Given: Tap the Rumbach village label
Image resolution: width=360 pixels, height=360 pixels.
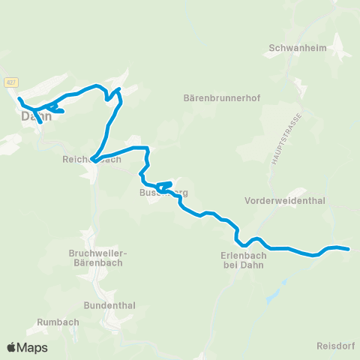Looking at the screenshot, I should [53, 322].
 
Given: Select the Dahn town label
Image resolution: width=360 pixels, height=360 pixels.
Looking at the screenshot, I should [34, 116].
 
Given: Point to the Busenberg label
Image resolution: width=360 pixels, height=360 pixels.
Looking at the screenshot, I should [163, 193].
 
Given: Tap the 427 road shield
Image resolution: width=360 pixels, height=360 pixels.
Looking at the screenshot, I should [10, 82].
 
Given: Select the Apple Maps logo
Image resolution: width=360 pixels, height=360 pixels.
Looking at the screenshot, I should [27, 347].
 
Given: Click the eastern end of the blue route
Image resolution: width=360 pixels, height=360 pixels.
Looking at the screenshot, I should [348, 248].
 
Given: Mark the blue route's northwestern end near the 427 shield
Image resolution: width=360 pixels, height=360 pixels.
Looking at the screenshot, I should [19, 98].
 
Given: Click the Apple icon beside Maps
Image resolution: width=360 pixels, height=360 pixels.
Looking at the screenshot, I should [11, 347].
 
